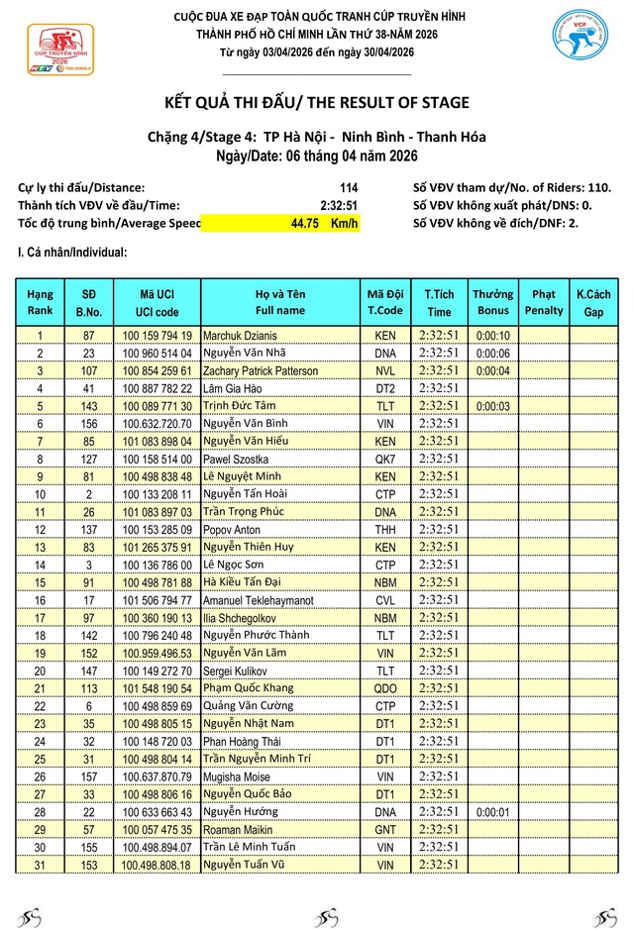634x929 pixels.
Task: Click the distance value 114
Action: click(x=348, y=188)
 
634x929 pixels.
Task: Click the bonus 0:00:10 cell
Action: click(x=492, y=336)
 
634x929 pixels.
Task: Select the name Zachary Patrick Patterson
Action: click(x=261, y=371)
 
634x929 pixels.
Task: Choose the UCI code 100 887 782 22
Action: click(x=157, y=389)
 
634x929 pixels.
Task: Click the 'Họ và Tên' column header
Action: click(x=280, y=302)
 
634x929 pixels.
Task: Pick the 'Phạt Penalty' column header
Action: click(x=543, y=302)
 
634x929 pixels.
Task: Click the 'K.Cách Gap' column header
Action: click(x=592, y=302)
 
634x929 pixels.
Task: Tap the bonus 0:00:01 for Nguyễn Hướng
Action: click(x=492, y=812)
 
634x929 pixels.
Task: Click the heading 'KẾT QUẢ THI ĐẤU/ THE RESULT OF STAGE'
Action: click(x=316, y=103)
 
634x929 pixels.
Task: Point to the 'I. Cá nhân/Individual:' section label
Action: click(x=72, y=254)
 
